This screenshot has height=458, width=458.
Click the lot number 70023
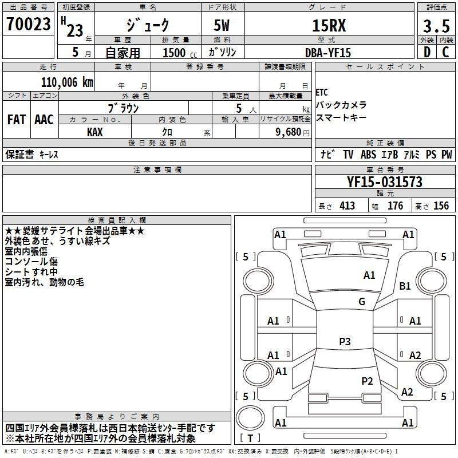pos(28,24)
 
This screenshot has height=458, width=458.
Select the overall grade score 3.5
pos(436,26)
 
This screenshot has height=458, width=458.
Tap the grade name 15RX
pos(329,25)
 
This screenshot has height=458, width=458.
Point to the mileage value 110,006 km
pos(67,82)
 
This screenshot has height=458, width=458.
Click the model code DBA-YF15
pos(327,53)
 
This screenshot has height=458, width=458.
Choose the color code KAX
pos(95,132)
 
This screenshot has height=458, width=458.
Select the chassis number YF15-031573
pos(385,182)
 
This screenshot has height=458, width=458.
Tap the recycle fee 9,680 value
pos(289,132)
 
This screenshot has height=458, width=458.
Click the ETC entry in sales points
pos(322,93)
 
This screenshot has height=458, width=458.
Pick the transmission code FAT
pos(17,120)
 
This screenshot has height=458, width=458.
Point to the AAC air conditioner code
pos(44,120)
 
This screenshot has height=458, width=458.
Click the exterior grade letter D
pos(427,52)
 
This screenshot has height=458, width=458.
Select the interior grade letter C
pos(445,52)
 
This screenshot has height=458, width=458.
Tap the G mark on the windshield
pos(362,301)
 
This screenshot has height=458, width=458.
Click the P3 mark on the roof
pos(345,341)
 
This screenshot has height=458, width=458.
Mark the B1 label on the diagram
pos(405,286)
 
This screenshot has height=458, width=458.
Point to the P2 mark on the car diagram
pos(367,381)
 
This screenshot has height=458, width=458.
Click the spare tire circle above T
pos(250,418)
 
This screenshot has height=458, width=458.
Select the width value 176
pos(395,206)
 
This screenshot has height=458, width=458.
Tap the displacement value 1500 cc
pos(180,53)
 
